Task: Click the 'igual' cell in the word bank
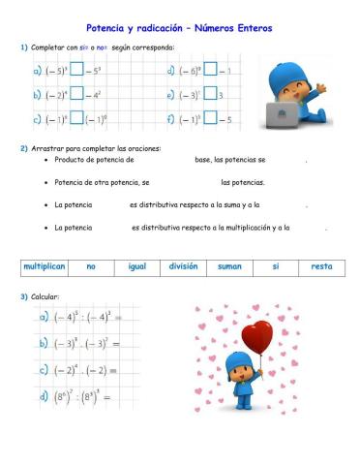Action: [x=136, y=265]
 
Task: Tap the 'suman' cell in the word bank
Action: [x=229, y=265]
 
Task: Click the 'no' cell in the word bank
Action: [x=91, y=265]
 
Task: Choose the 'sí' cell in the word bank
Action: [x=275, y=265]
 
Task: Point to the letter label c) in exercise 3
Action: [x=44, y=369]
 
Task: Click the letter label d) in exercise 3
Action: [x=44, y=396]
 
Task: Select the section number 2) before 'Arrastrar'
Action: [x=24, y=148]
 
